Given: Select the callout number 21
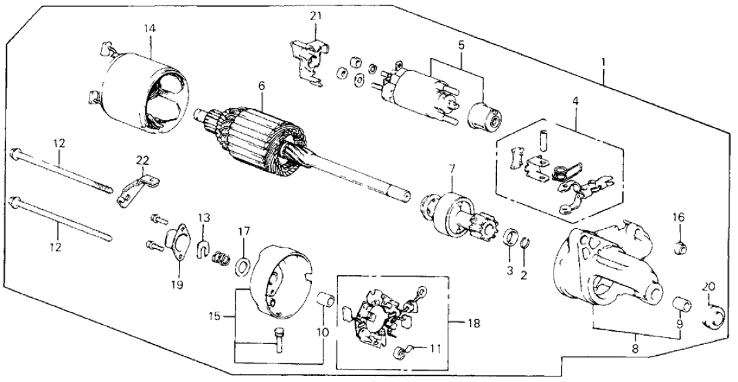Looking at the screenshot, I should [315, 16].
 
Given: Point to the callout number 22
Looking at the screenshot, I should [143, 160].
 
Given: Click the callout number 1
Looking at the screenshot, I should [604, 62].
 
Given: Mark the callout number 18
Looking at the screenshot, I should [460, 323].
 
